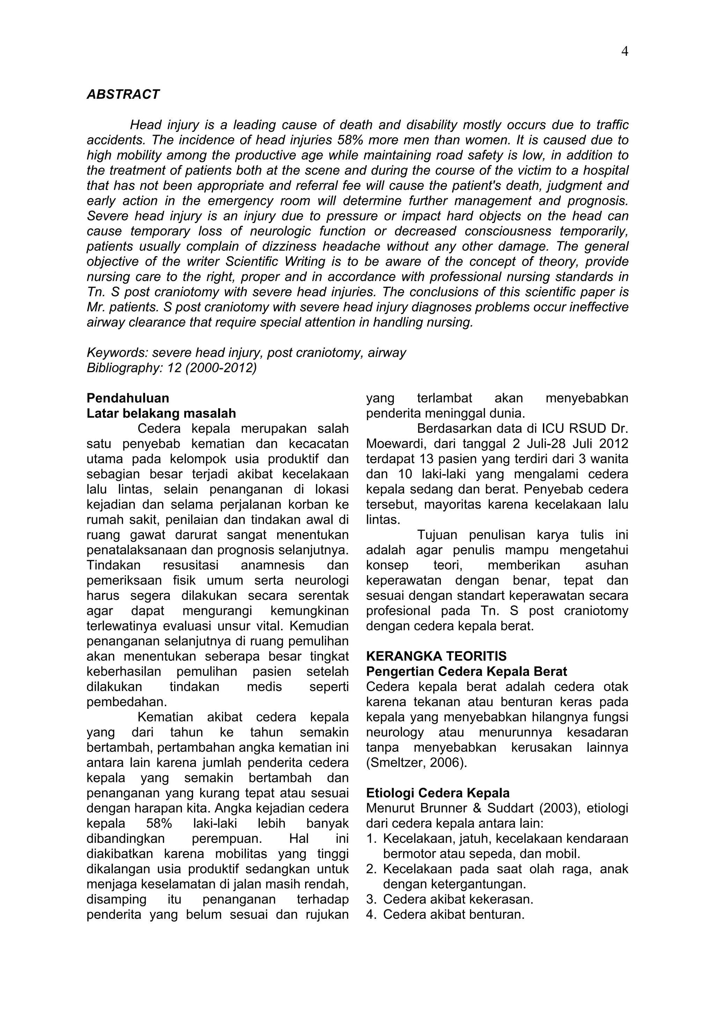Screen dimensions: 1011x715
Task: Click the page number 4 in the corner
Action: (x=624, y=52)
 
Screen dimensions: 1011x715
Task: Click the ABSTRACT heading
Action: (x=123, y=94)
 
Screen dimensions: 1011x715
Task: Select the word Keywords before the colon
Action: (x=116, y=353)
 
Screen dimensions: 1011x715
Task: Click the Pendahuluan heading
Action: (x=128, y=398)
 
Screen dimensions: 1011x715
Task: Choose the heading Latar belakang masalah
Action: (x=161, y=414)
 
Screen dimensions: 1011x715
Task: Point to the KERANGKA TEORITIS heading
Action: (x=436, y=656)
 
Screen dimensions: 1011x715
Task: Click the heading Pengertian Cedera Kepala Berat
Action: (x=466, y=671)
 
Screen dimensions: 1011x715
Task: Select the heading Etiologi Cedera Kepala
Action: (x=438, y=793)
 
